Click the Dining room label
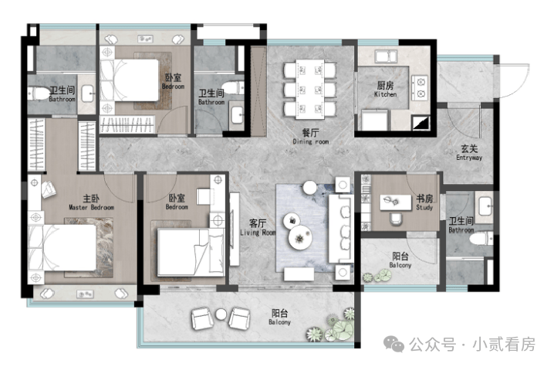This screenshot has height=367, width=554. click(x=311, y=137)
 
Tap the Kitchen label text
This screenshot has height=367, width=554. click(x=385, y=90)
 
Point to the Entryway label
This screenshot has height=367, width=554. click(x=469, y=153)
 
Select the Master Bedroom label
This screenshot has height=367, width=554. click(x=92, y=202)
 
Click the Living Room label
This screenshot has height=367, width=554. click(x=258, y=228)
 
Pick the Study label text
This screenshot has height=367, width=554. click(x=424, y=202)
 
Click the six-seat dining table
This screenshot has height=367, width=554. click(x=310, y=89)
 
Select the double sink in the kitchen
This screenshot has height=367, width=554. click(x=387, y=56)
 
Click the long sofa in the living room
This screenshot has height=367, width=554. click(x=341, y=228)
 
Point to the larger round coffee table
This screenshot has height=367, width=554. click(x=300, y=238)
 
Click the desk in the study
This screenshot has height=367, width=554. click(x=396, y=202)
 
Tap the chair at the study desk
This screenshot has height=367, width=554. click(x=396, y=219)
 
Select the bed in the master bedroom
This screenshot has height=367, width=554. click(x=62, y=247)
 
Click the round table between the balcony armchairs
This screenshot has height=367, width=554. click(x=221, y=314)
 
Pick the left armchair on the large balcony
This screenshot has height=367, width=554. click(x=201, y=318)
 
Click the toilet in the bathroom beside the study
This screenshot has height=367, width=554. click(x=481, y=239)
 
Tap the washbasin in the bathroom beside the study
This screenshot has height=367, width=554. click(x=485, y=206)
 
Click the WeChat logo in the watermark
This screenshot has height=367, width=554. click(x=394, y=344)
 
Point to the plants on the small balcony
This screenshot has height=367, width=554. click(x=377, y=276)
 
